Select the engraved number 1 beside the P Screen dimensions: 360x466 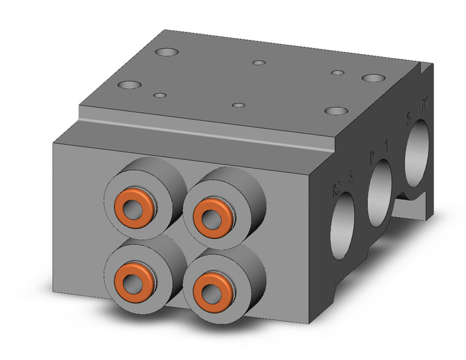[x=385, y=145]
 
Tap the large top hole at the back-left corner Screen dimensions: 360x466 [x=165, y=53]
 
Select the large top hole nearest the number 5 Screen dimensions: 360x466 [x=372, y=79]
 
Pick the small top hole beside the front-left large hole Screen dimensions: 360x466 [x=160, y=96]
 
